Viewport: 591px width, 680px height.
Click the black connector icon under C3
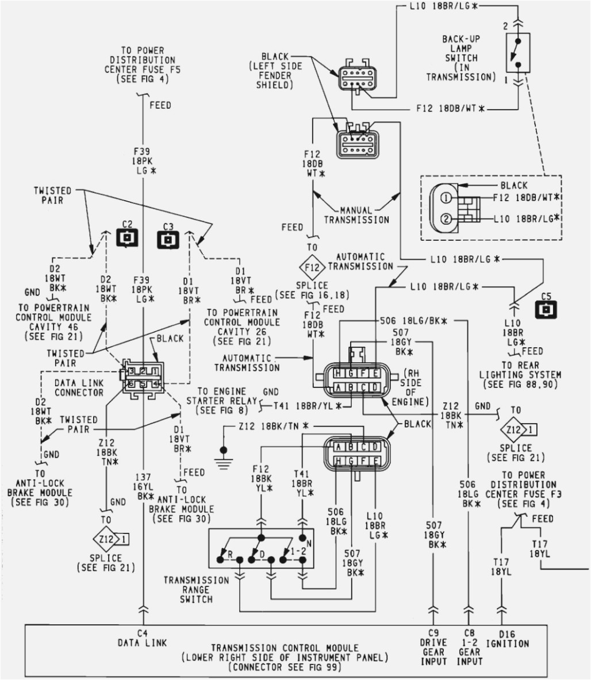[x=167, y=238]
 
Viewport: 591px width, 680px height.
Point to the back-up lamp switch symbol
[x=517, y=52]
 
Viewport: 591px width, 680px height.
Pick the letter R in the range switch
[x=230, y=554]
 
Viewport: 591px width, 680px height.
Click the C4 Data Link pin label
[x=140, y=639]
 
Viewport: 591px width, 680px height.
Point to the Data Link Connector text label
[x=79, y=387]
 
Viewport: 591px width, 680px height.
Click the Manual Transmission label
[x=356, y=215]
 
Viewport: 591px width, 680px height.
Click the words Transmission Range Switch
[x=188, y=589]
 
